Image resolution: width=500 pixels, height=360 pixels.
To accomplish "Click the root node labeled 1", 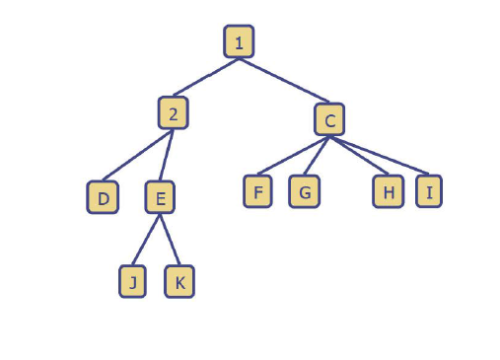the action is [x=238, y=41].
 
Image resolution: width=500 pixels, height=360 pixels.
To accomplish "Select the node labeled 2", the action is [x=173, y=112].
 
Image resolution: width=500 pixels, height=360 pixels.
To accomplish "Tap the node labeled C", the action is [x=330, y=120].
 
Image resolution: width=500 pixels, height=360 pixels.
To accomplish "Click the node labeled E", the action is [x=160, y=198].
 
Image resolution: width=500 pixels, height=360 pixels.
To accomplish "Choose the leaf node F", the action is [x=257, y=190].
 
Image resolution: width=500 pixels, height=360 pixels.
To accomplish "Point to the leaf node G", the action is [x=305, y=191].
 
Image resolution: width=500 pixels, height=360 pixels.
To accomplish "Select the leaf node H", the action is [x=389, y=191].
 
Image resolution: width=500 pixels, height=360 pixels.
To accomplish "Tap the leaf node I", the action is [x=428, y=191].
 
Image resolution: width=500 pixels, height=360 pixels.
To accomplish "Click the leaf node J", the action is [x=132, y=282].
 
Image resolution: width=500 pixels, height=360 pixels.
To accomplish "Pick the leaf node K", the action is [x=179, y=282].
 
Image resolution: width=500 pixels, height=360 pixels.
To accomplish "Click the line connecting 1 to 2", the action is [x=205, y=77].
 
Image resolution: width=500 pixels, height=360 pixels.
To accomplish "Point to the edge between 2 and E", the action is [x=167, y=155].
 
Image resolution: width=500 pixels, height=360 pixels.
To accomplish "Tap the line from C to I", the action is [x=381, y=156].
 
